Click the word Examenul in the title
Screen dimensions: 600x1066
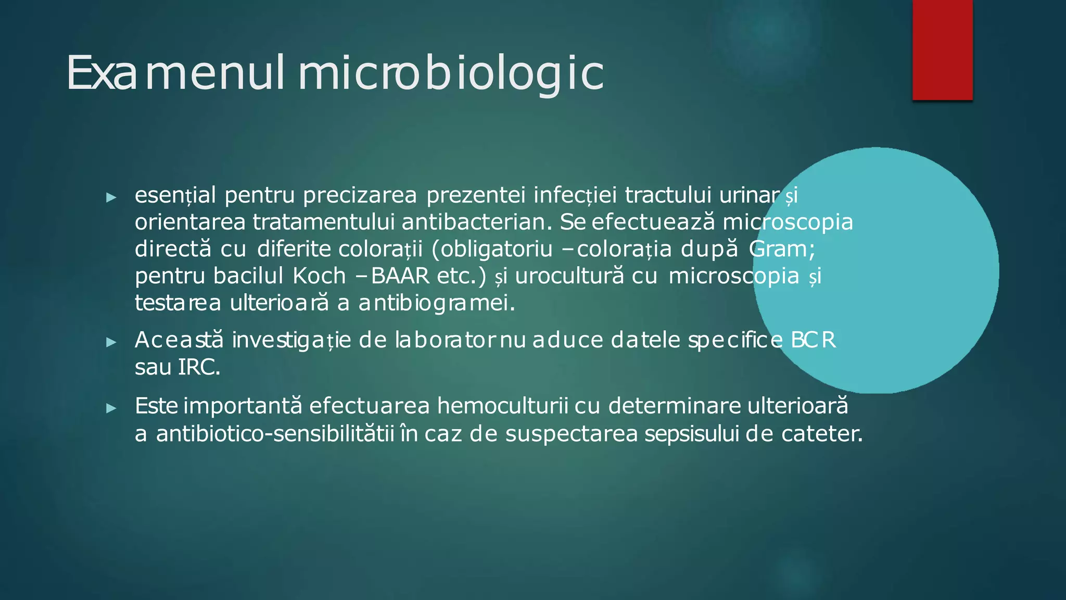tap(175, 73)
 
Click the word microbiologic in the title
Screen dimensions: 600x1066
tap(451, 73)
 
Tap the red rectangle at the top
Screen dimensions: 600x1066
tap(942, 49)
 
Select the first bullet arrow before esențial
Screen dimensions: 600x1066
tap(111, 197)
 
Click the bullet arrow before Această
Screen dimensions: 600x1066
tap(111, 342)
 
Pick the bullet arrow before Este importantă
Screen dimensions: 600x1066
tap(111, 408)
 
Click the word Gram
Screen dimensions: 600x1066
tap(781, 249)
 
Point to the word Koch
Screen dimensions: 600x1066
tap(319, 276)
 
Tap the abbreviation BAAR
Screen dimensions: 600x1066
tap(400, 276)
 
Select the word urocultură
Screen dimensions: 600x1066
tap(569, 276)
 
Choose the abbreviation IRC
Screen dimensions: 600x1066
tap(198, 368)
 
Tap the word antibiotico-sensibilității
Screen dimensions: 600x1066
tap(275, 434)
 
